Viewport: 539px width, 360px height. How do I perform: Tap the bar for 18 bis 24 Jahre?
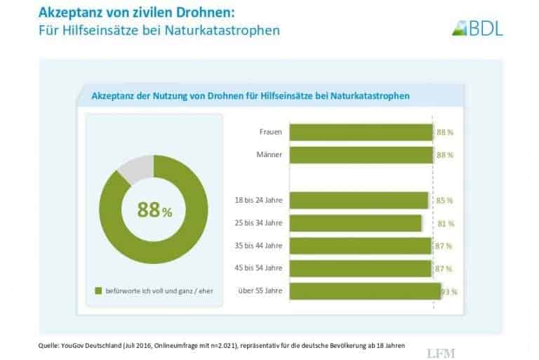[x=359, y=200]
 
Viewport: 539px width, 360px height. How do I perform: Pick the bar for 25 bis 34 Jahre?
[x=355, y=223]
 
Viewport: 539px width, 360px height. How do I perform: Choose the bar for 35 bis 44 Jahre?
[x=360, y=246]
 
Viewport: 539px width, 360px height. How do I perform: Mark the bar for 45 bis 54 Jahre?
[x=360, y=268]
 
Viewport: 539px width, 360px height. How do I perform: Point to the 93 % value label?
[x=449, y=291]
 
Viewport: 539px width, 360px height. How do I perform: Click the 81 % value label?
[x=446, y=223]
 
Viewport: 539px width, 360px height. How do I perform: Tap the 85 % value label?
[x=444, y=201]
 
